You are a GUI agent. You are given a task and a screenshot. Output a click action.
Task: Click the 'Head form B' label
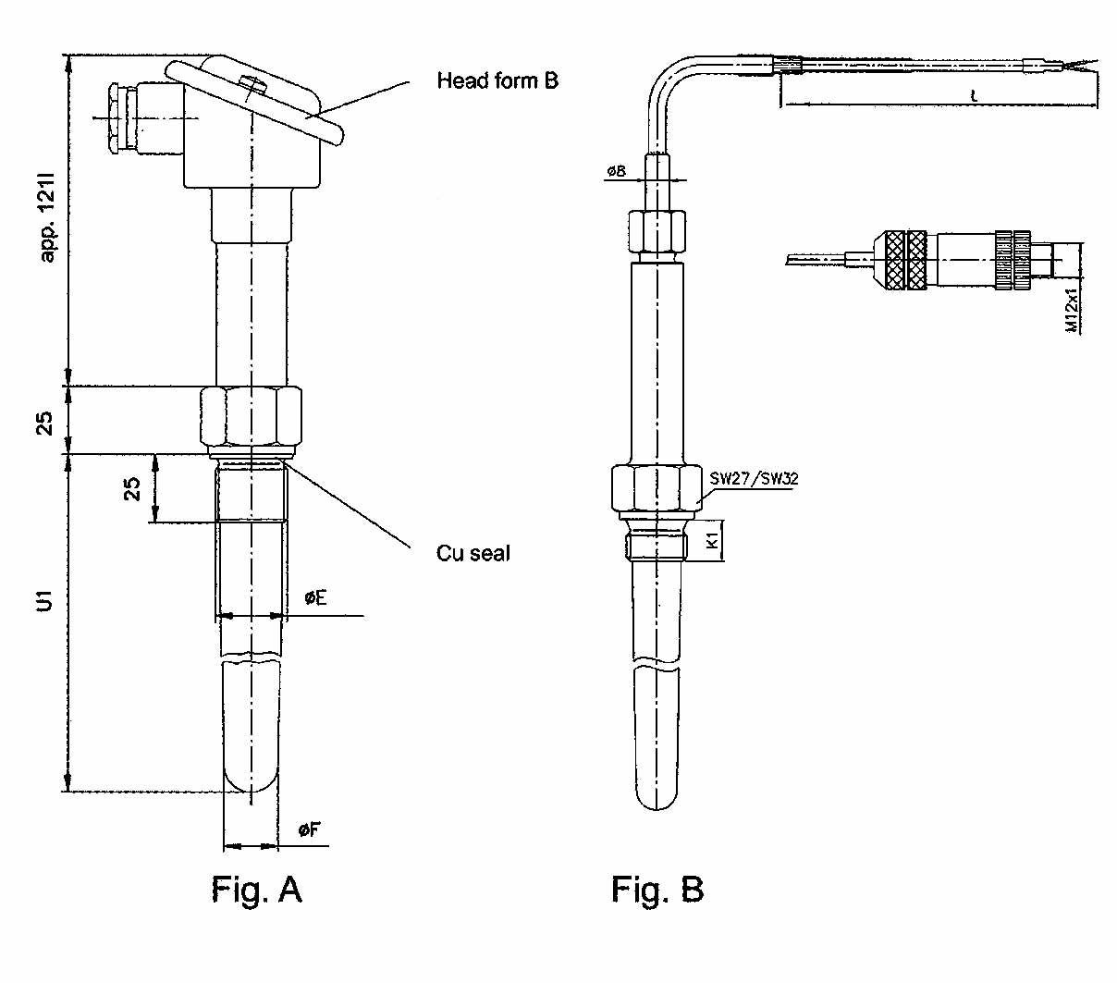tap(497, 80)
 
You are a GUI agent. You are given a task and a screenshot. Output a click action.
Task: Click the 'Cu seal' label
tap(473, 553)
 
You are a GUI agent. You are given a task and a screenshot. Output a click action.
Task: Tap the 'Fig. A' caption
tap(256, 890)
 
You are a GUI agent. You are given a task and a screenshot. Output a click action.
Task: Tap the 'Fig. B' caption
tap(657, 890)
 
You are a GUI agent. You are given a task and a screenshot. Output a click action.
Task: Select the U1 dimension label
tap(44, 600)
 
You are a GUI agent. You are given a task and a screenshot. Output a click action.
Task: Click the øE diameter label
tap(315, 598)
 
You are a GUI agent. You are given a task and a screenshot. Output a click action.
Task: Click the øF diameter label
tap(309, 829)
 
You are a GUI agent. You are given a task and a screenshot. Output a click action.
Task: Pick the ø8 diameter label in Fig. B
tap(616, 171)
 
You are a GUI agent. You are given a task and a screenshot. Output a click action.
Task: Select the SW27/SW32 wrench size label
tap(754, 479)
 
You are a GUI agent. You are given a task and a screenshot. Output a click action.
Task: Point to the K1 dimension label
tap(713, 540)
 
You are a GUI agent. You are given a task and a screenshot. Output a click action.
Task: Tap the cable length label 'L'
tap(974, 95)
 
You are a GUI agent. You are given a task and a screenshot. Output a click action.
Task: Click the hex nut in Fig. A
tap(251, 418)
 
